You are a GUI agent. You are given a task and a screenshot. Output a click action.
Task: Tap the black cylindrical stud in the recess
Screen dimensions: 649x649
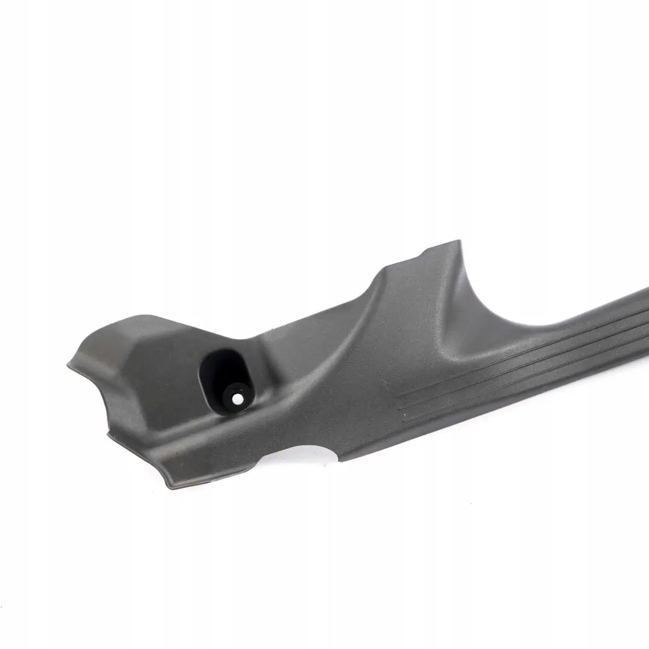[236, 397]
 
